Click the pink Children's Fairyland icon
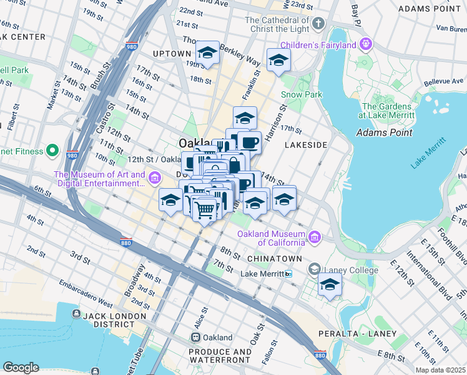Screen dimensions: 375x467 pos(366,44)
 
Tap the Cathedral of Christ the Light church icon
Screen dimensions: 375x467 pos(319,24)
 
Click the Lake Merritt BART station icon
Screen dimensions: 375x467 pos(288,274)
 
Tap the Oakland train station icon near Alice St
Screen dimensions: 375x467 pos(195,337)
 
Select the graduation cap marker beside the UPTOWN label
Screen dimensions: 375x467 pos(207,53)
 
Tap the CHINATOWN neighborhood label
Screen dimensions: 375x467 pos(274,259)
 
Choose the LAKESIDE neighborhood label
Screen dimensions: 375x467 pos(306,145)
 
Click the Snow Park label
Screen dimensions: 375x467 pos(301,94)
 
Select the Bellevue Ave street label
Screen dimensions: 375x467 pos(443,81)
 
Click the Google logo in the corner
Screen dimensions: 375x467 pos(21,367)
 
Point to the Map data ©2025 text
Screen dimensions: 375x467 pos(441,371)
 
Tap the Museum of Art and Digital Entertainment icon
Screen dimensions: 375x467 pos(154,180)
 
